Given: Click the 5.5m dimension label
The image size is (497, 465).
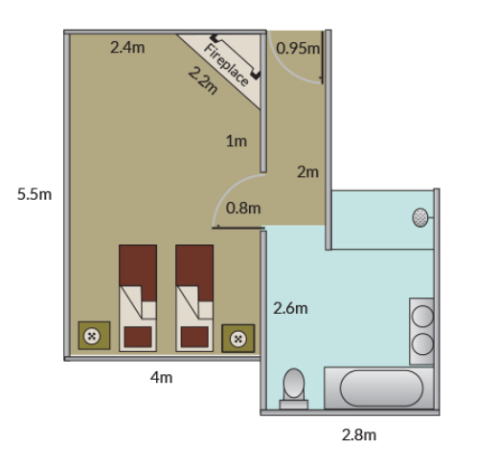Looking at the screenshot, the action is click(x=34, y=194).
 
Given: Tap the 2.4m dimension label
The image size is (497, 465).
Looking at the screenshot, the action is click(x=127, y=47).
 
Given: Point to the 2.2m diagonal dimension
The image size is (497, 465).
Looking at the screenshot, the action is click(x=203, y=81).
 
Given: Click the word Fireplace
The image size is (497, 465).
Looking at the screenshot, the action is click(x=226, y=65).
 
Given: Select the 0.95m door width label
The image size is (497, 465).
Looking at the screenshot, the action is click(x=298, y=48).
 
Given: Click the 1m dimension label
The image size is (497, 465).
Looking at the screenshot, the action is click(x=237, y=141).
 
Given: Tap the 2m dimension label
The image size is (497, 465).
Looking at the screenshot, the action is click(x=307, y=172).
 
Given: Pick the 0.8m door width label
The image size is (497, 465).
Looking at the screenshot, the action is click(x=243, y=208).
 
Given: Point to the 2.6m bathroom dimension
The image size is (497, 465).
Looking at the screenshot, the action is click(x=290, y=308).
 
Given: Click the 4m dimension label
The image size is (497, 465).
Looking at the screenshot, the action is click(x=161, y=378).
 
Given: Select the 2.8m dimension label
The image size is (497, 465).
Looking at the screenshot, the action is click(x=359, y=434).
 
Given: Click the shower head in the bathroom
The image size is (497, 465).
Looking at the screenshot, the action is click(x=420, y=218).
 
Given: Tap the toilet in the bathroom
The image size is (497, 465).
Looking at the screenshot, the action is click(x=294, y=388).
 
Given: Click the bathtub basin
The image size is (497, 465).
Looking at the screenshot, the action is click(x=381, y=388).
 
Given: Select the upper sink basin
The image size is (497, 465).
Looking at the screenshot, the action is click(x=422, y=316).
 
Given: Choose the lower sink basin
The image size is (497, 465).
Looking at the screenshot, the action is click(x=422, y=344).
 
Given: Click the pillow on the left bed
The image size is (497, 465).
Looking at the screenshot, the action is click(x=138, y=337).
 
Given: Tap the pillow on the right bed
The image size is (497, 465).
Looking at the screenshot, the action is click(x=194, y=337).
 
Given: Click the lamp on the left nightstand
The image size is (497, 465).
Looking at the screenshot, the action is click(x=92, y=336).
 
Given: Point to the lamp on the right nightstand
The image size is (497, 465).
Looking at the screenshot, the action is click(x=238, y=339).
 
